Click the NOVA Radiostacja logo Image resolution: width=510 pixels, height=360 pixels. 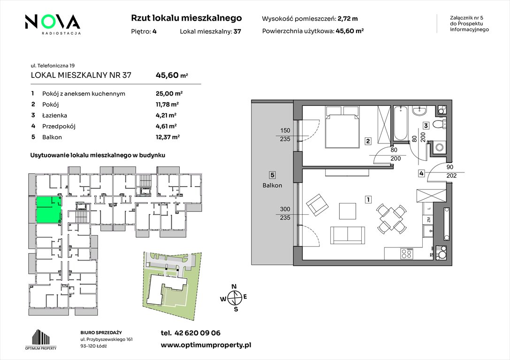(x=53, y=24)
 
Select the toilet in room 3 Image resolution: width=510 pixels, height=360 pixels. (x=441, y=124)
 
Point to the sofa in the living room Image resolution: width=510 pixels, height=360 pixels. (x=348, y=235)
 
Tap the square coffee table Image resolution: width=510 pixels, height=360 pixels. (x=347, y=211)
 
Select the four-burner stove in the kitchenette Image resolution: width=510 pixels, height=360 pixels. (x=407, y=254)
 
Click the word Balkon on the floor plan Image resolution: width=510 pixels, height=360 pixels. (x=272, y=186)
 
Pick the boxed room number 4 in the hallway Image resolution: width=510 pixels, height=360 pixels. (x=421, y=173)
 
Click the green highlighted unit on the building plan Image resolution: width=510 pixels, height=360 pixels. (x=49, y=210)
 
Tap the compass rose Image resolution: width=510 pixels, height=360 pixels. (x=234, y=298)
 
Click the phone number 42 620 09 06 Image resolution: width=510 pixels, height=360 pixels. (x=198, y=333)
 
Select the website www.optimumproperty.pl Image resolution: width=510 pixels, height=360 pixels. (x=206, y=345)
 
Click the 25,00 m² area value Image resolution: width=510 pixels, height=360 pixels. (x=169, y=94)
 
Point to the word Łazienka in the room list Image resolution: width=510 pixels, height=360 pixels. (x=54, y=115)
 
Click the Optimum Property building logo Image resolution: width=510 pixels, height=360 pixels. (x=41, y=339)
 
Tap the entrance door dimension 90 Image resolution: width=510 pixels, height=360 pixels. (x=450, y=167)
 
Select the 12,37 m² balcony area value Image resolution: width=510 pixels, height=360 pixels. (x=168, y=137)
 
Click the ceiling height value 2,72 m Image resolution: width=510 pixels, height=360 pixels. (x=348, y=19)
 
